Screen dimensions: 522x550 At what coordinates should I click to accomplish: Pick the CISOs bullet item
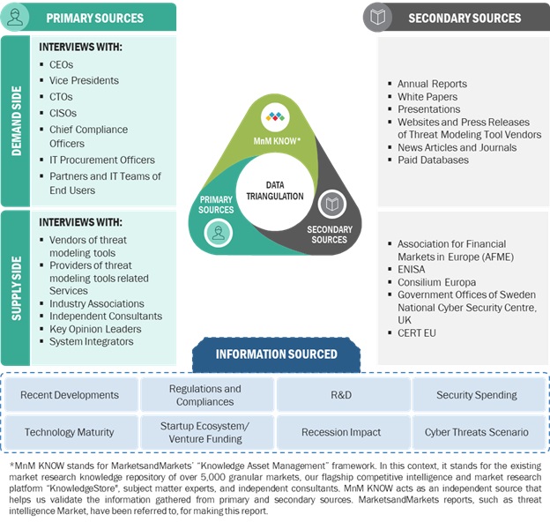[x=63, y=113]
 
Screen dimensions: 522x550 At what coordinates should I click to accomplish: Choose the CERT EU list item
[x=416, y=333]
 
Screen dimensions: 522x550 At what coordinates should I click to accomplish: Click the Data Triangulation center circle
[x=274, y=190]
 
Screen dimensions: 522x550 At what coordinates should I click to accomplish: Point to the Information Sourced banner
[x=276, y=354]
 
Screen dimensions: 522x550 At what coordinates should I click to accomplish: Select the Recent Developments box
[x=70, y=395]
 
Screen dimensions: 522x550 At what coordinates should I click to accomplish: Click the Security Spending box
[x=477, y=395]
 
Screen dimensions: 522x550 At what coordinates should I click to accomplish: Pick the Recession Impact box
[x=341, y=432]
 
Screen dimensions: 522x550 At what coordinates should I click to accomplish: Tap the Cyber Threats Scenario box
[x=477, y=432]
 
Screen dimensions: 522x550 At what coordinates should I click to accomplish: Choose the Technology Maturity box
[x=70, y=432]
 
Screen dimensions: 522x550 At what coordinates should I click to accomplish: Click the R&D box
[x=341, y=395]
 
